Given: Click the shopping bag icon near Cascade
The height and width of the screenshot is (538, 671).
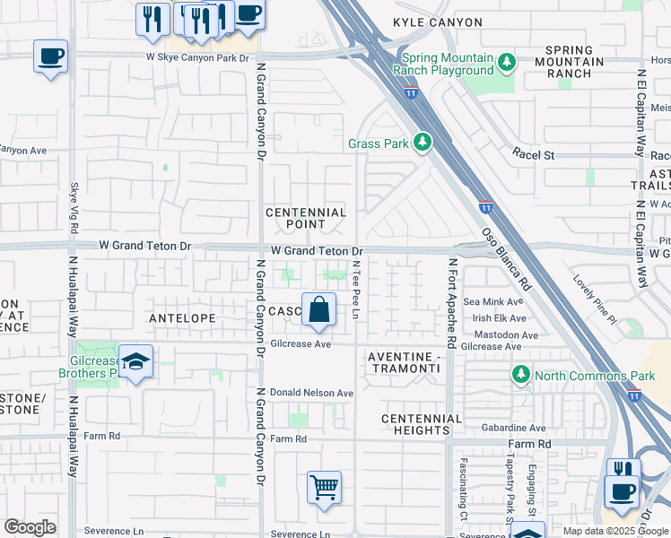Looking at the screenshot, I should (318, 310).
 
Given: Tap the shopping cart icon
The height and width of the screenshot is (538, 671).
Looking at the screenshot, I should (324, 489).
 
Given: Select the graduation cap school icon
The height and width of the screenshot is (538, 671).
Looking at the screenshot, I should (135, 361).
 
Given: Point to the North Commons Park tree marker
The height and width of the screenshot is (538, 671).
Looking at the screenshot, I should (520, 373).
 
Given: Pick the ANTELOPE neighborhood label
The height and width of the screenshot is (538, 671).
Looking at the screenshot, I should (181, 318).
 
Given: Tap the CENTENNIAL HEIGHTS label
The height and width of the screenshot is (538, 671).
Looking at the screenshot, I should (421, 426).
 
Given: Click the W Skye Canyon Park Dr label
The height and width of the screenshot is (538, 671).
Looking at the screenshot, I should (196, 57).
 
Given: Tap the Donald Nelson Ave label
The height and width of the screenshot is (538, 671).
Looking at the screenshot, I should (312, 393).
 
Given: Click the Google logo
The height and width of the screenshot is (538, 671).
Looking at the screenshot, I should (30, 527).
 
